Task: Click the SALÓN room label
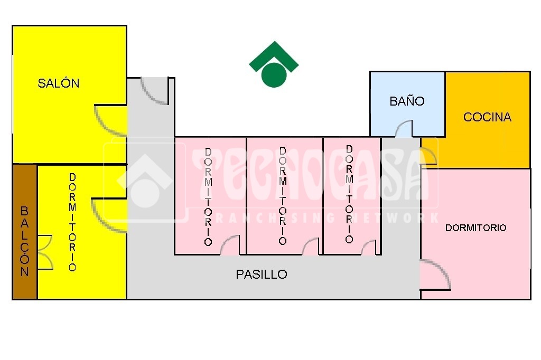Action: coord(58,83)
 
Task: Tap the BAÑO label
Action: coord(407,101)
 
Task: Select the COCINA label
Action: coord(487,117)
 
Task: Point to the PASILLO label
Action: coord(262,274)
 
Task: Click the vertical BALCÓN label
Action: coord(24,241)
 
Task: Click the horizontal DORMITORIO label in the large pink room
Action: coord(476,228)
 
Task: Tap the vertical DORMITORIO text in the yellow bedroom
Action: coord(72,222)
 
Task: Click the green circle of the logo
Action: coord(274,75)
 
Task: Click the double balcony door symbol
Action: coord(45,252)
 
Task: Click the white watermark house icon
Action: coord(144,182)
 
